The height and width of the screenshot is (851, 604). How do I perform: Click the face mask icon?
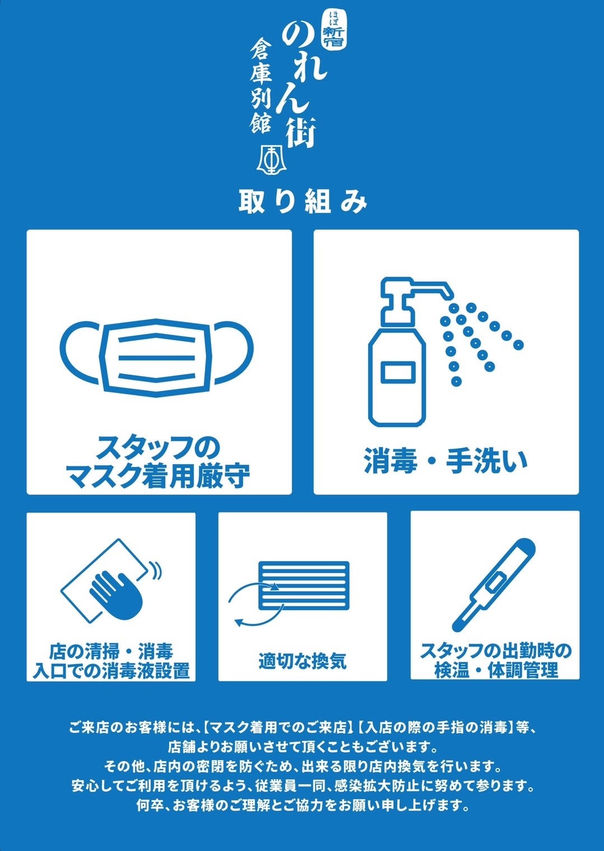coord(157,358)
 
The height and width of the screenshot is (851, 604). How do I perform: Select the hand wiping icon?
coord(111,581)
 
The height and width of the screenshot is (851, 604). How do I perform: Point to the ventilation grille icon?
coord(303,586)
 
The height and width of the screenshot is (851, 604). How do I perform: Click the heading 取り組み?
coord(303,202)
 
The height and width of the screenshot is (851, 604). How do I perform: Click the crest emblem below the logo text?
coord(271,157)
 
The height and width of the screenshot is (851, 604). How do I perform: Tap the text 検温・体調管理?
coord(496,670)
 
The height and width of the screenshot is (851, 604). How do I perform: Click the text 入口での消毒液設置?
coord(111,671)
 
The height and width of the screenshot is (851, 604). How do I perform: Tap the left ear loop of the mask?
coord(82,352)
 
